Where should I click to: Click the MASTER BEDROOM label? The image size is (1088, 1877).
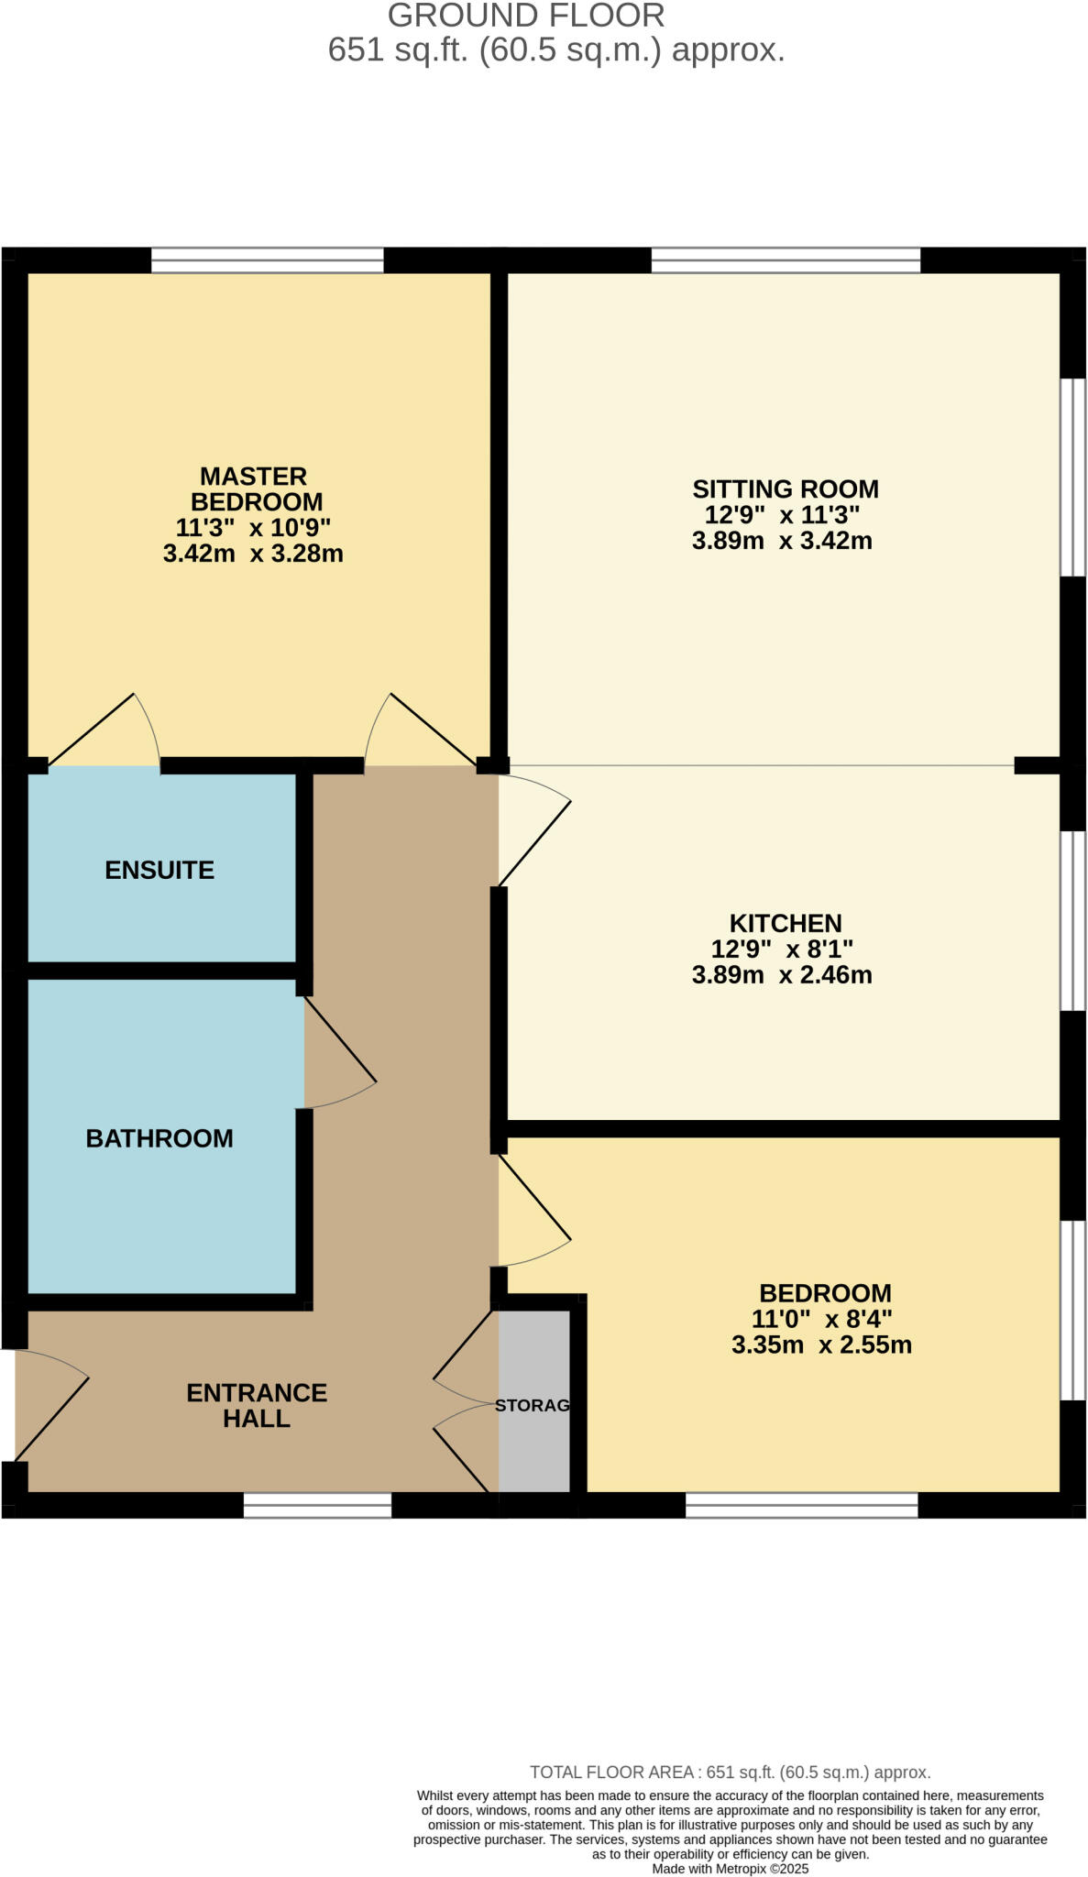pos(254,488)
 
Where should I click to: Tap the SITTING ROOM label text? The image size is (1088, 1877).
pos(785,488)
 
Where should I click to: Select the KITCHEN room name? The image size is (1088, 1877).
pos(785,923)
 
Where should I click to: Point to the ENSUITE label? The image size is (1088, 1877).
pos(159,870)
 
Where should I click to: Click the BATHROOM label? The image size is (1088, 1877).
pos(159,1138)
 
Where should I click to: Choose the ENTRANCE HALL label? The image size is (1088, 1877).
pos(257,1405)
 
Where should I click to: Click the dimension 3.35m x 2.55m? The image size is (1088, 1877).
pos(821,1345)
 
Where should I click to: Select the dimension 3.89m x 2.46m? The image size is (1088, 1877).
pos(782,974)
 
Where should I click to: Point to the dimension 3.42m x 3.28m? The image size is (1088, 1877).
pos(253,554)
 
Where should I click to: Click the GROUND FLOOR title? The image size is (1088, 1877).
pos(526,16)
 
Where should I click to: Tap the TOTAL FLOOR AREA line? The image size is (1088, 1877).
pos(730,1773)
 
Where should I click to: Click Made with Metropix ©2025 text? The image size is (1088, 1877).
pos(730,1869)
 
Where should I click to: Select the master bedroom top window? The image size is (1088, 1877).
pos(267,260)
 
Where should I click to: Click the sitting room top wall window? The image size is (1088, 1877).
pos(786,260)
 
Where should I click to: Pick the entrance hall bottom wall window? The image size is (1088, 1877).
pos(317,1506)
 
